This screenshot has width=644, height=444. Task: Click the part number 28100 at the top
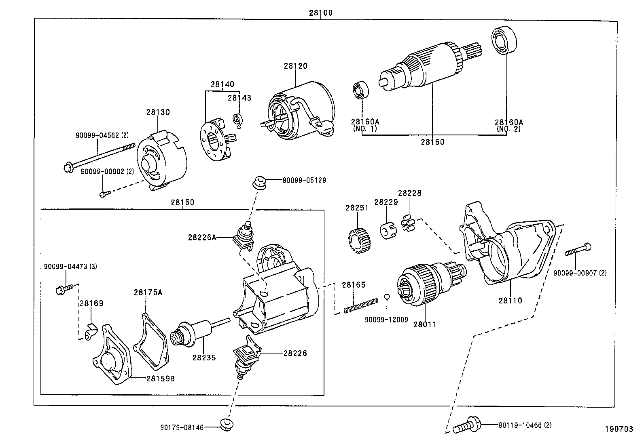pyautogui.click(x=320, y=13)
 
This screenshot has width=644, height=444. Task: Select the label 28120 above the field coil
pyautogui.click(x=295, y=66)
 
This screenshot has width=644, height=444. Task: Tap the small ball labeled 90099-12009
pyautogui.click(x=387, y=297)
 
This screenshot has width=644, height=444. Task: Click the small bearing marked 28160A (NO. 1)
pyautogui.click(x=361, y=90)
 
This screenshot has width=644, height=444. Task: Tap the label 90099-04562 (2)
pyautogui.click(x=102, y=136)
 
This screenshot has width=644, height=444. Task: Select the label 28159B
pyautogui.click(x=161, y=379)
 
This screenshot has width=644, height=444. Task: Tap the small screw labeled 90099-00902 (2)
pyautogui.click(x=104, y=194)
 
